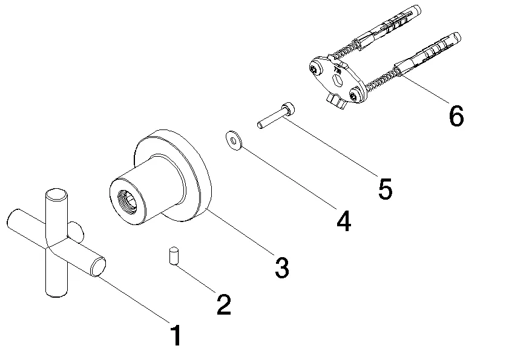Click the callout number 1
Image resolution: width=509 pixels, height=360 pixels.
(176, 336)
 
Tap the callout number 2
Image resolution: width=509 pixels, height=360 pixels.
(223, 304)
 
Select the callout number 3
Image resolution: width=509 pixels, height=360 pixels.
(281, 267)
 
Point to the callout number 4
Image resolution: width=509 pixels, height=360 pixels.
(343, 221)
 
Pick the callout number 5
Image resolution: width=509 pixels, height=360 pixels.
(385, 189)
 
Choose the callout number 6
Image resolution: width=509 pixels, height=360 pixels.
(456, 116)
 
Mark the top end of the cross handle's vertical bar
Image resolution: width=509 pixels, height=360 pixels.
(56, 195)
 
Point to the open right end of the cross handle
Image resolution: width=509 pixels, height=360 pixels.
(99, 267)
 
